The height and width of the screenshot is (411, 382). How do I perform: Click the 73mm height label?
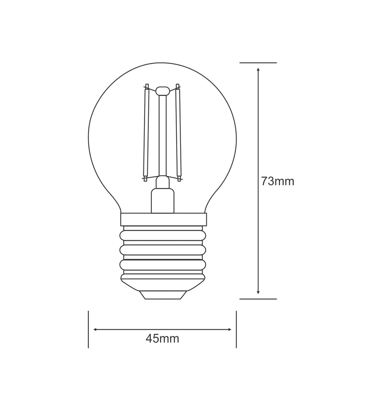coord(278,181)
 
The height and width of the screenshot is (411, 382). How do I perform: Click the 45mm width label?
coord(162,339)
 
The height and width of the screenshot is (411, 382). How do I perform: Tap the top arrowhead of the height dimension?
coord(258,69)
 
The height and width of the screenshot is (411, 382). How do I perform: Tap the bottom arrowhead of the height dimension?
coord(258,292)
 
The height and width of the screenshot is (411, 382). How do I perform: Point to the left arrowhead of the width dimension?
coord(95,329)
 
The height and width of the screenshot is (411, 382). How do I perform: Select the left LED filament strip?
coord(146,132)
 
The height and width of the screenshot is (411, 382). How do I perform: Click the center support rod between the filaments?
coord(162,134)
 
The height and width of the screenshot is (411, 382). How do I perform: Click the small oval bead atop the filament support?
coord(162,91)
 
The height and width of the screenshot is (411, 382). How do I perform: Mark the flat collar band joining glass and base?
coord(163,219)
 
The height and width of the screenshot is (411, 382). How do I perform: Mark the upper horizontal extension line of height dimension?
coord(258,63)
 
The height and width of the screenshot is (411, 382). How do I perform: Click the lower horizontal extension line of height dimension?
coord(258,299)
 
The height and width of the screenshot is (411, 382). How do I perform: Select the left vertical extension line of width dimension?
coord(88,329)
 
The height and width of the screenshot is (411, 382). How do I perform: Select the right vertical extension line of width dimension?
coord(236,329)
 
